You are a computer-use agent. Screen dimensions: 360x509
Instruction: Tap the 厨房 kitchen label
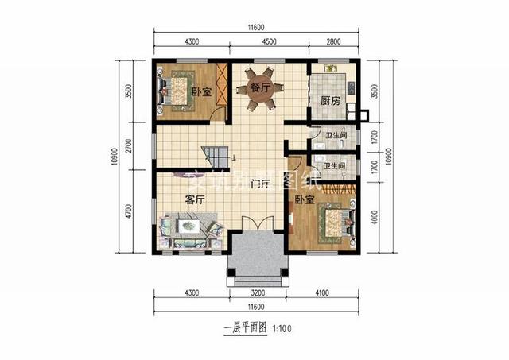coord(330,101)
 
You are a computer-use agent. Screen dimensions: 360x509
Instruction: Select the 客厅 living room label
coord(196,199)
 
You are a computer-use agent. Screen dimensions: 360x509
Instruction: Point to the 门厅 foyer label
coord(258,184)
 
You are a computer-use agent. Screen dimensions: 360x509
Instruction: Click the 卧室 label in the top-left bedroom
coord(201,91)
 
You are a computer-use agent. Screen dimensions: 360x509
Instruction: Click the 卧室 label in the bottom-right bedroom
coord(303,200)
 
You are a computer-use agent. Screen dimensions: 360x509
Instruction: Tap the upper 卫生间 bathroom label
coord(334,135)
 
